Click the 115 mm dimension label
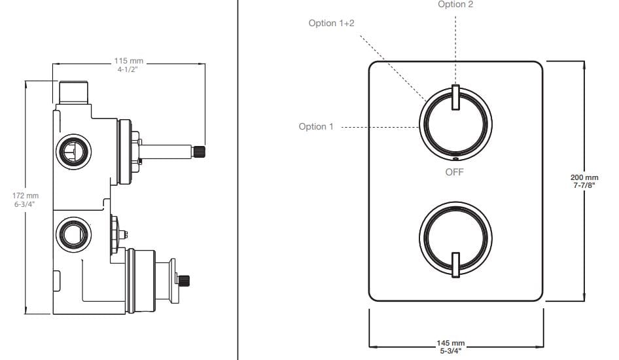pos(129,61)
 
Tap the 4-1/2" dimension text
pos(129,69)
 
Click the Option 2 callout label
pos(455,5)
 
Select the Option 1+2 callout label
pos(332,23)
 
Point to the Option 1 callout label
pos(316,126)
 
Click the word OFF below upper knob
pos(454,172)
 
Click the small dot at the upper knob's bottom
pos(455,158)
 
